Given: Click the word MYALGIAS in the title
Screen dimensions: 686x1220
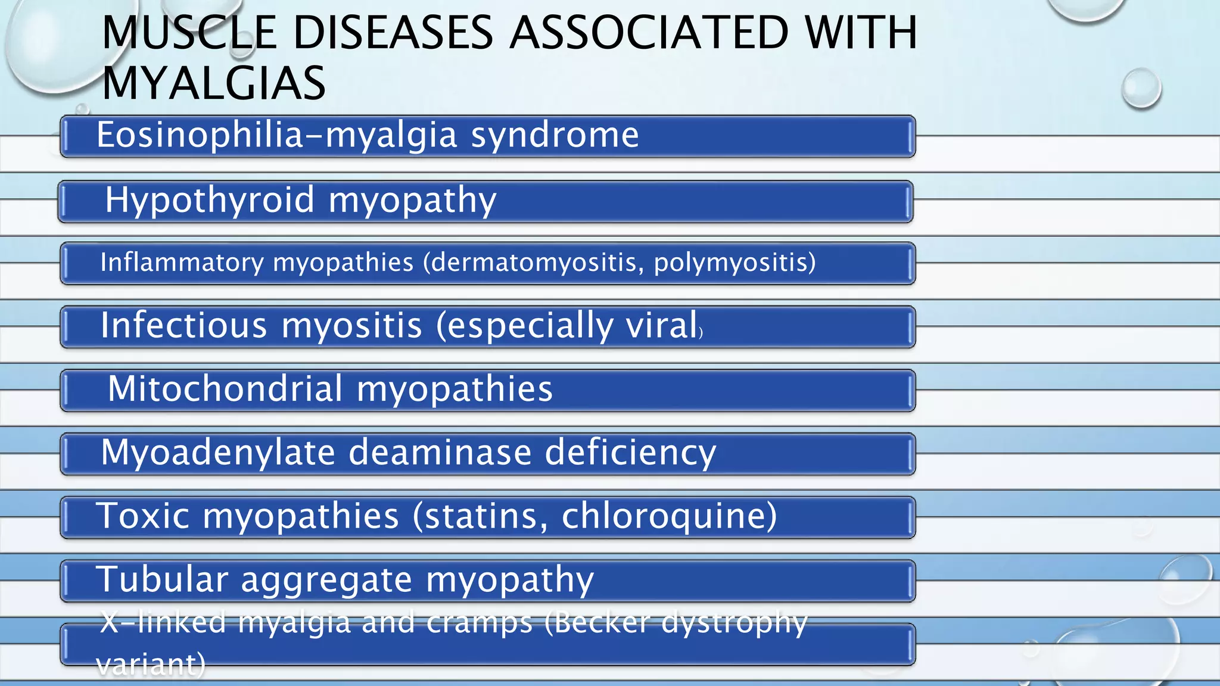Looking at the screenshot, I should click(213, 83).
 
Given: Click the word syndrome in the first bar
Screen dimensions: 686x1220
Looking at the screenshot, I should click(555, 135).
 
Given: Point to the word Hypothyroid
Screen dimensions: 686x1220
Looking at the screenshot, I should click(209, 200).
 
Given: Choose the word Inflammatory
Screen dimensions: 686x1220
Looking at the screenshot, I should click(182, 263).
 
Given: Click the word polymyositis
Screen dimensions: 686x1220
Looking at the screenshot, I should click(735, 263).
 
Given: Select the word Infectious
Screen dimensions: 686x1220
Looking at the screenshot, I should click(183, 326).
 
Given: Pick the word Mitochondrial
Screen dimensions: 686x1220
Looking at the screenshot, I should click(225, 389).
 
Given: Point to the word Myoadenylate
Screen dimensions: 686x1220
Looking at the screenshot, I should click(218, 453).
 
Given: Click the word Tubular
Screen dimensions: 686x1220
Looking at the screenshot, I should click(162, 579).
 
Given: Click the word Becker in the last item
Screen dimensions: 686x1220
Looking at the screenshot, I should click(600, 623).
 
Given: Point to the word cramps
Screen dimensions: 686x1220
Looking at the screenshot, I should click(479, 623).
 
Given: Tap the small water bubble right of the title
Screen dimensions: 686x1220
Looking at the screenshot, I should click(1141, 88).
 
